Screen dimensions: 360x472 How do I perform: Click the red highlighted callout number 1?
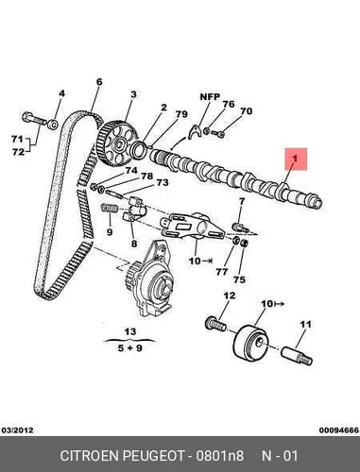tap(296, 159)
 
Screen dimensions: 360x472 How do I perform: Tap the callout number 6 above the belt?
tap(99, 82)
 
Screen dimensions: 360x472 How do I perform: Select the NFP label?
tap(210, 96)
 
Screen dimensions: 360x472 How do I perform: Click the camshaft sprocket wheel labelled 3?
tap(117, 145)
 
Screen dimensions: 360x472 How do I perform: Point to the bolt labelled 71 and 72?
tap(34, 119)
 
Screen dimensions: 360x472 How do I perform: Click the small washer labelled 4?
tap(53, 125)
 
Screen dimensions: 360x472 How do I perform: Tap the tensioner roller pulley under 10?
tap(251, 342)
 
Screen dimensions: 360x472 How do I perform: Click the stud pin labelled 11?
tap(297, 356)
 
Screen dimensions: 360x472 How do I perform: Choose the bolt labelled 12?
tap(215, 324)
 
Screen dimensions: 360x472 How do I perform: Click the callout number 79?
tap(181, 114)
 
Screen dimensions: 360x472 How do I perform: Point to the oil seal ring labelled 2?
tap(139, 150)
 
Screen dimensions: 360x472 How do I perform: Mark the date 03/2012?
tap(17, 430)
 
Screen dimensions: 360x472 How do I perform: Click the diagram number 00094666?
tap(339, 430)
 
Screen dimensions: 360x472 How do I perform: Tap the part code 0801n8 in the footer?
tap(219, 456)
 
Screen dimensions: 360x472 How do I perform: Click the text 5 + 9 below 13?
tap(129, 348)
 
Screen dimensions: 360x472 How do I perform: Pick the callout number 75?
tap(239, 279)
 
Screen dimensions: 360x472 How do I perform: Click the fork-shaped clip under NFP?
tap(196, 132)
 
